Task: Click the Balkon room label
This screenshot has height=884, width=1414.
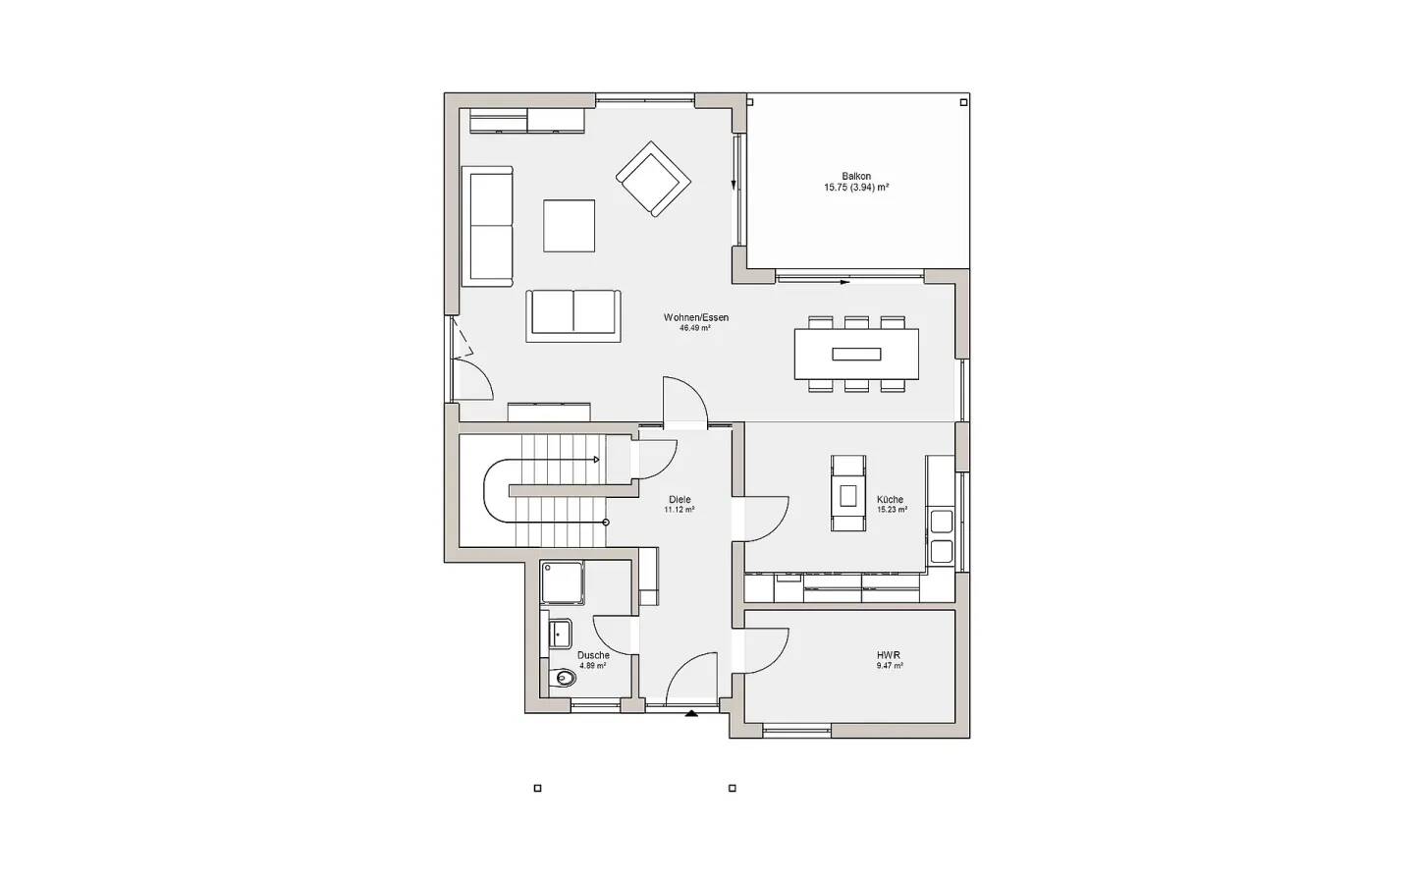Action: pos(856,176)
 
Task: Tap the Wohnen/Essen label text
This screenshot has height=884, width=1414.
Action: pos(695,317)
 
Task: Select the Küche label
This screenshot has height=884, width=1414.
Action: pos(890,499)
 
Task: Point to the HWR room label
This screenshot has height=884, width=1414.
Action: pos(890,655)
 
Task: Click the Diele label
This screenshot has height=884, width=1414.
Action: pos(680,499)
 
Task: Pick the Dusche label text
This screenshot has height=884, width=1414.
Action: pos(593,655)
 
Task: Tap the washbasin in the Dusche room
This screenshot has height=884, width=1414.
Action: pos(560,634)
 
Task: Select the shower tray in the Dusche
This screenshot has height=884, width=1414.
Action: pos(562,582)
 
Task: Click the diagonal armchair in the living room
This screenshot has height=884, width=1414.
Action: pos(653,180)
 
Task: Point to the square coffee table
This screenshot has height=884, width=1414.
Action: pos(569,226)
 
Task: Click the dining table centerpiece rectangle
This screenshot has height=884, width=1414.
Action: pos(856,355)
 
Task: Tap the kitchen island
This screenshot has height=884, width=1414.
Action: pos(847,493)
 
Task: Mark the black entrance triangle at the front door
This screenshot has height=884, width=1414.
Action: pos(692,714)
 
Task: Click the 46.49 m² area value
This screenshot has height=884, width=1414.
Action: pos(695,328)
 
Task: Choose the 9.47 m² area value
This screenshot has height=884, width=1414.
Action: pos(890,666)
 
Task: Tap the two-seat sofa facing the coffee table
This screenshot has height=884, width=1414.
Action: pos(573,315)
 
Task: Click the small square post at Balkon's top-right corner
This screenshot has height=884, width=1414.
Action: pos(963,102)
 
